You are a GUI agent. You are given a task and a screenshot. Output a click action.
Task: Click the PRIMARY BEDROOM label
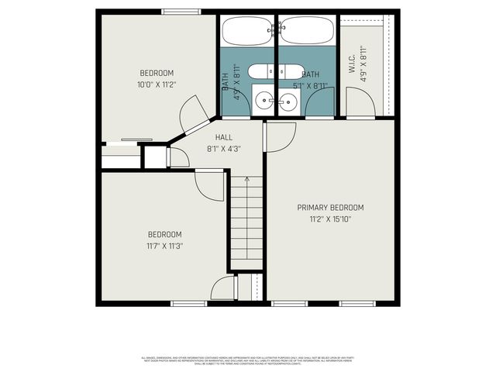(x=331, y=208)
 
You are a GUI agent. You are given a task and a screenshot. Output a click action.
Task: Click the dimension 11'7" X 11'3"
(x=165, y=246)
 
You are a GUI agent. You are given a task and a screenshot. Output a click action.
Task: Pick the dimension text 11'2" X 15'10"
(x=331, y=219)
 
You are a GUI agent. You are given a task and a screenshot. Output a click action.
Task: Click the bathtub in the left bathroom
(x=246, y=31)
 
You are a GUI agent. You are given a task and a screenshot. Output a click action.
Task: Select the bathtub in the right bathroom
(x=307, y=31)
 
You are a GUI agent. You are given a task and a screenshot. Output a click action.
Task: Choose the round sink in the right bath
(x=288, y=100)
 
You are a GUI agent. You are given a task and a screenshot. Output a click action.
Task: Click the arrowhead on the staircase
(x=246, y=180)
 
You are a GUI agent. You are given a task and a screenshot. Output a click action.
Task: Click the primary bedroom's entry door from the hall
(x=279, y=136)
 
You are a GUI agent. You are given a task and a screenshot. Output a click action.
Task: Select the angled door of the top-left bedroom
(x=194, y=120)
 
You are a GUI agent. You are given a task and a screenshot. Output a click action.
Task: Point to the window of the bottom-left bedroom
(x=188, y=303)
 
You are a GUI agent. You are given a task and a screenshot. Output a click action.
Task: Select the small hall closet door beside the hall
(x=178, y=157)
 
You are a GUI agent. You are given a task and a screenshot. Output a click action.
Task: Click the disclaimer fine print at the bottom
(x=248, y=360)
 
